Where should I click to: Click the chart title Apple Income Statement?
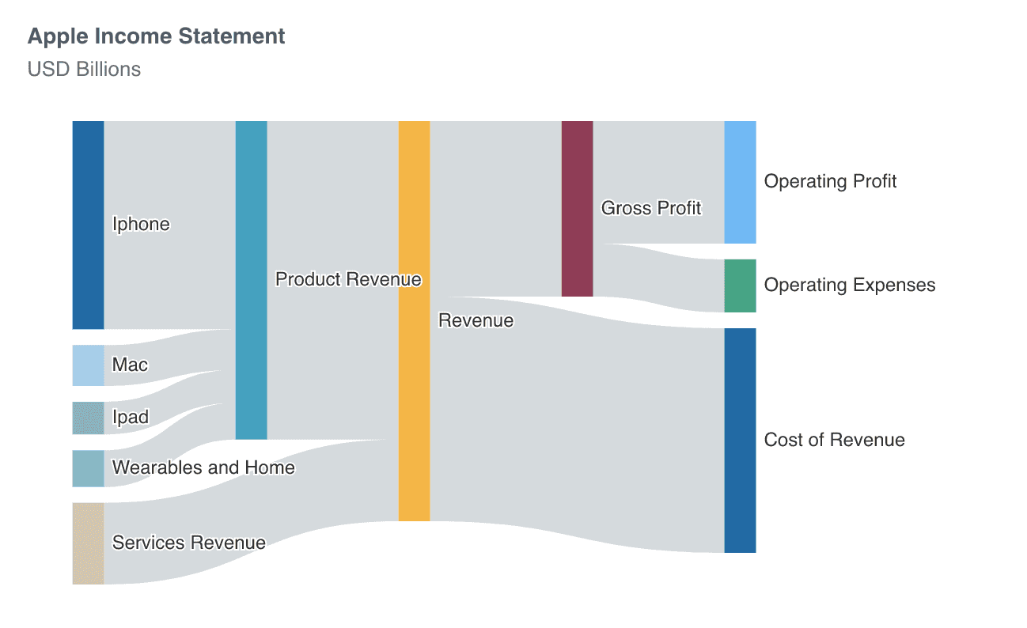tap(156, 36)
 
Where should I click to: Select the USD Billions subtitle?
tap(84, 70)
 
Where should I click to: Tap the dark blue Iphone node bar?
tap(88, 225)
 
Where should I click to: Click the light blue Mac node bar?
tap(88, 365)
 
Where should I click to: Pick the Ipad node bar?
tap(88, 418)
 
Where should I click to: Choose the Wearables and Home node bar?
tap(88, 468)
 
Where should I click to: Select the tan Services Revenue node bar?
tap(88, 543)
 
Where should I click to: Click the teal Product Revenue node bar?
tap(251, 280)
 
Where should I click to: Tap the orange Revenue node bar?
tap(414, 321)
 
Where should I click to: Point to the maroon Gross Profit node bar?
tap(577, 209)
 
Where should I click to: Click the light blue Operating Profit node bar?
tap(740, 182)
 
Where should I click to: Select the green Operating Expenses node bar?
tap(740, 286)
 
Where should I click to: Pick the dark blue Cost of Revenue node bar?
tap(740, 440)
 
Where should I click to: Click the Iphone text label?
tap(141, 225)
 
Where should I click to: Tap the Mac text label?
tap(130, 365)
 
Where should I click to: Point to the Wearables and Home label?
tap(203, 468)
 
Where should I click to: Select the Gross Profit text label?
tap(651, 209)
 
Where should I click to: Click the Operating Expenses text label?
tap(850, 286)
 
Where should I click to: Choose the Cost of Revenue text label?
tap(834, 441)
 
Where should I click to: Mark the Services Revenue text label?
tap(188, 543)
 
